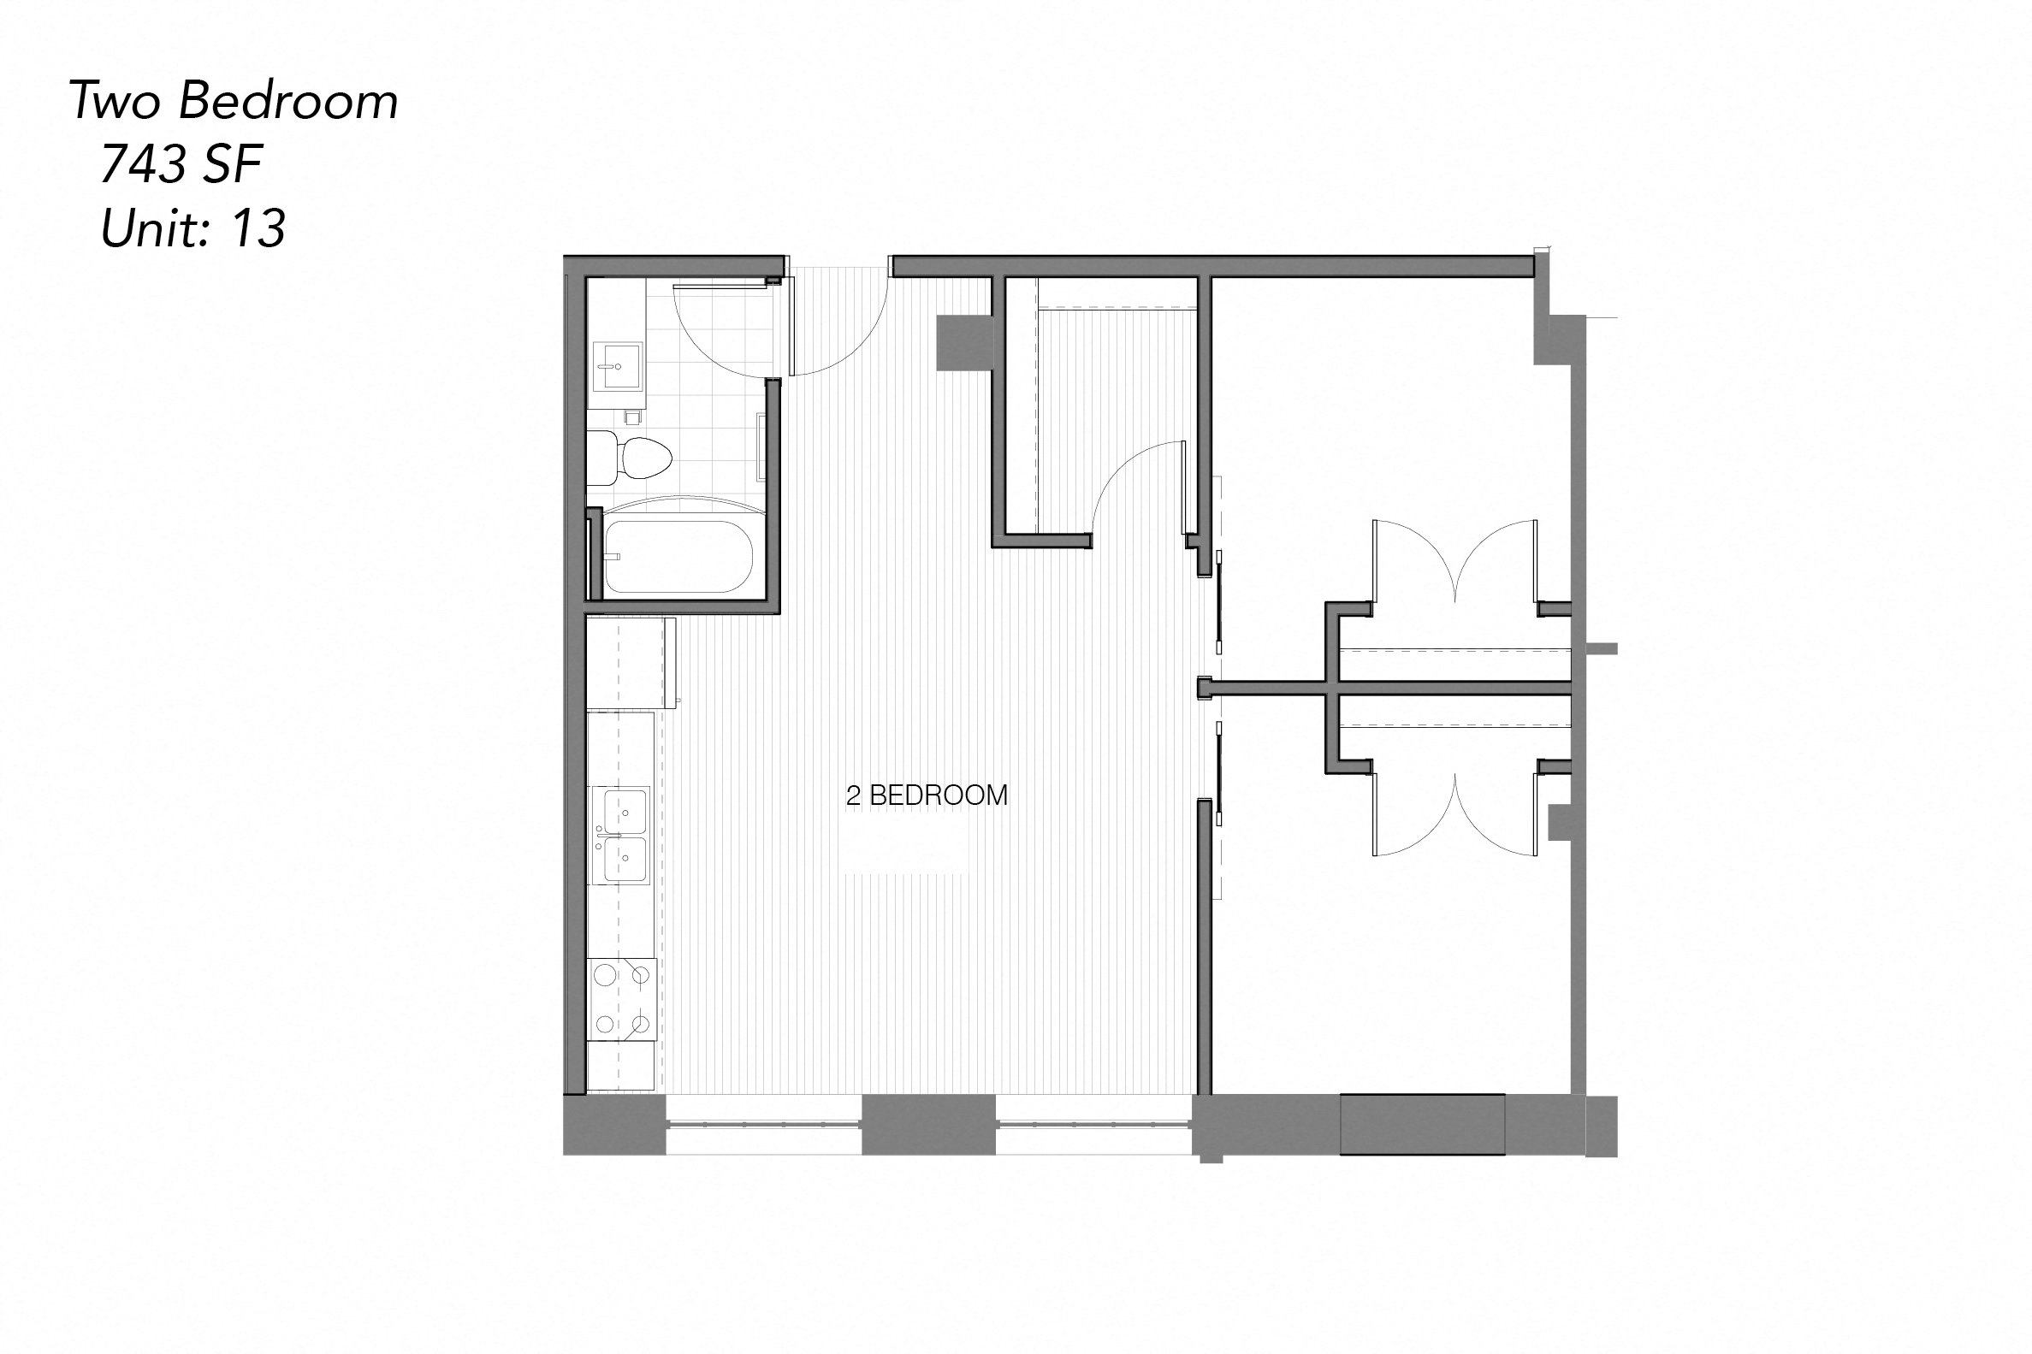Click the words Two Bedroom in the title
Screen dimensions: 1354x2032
pyautogui.click(x=234, y=101)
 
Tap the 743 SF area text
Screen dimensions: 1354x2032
pyautogui.click(x=181, y=164)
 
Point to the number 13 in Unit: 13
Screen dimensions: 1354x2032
pyautogui.click(x=258, y=229)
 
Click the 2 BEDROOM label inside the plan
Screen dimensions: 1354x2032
pyautogui.click(x=927, y=795)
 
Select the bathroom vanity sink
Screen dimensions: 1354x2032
pyautogui.click(x=618, y=366)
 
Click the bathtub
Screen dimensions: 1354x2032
pyautogui.click(x=678, y=556)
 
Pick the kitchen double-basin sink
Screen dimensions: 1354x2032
pyautogui.click(x=625, y=834)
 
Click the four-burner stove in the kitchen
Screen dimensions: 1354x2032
pyautogui.click(x=623, y=999)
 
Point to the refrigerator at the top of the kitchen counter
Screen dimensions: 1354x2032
pyautogui.click(x=631, y=661)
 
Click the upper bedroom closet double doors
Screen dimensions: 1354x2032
pyautogui.click(x=1455, y=561)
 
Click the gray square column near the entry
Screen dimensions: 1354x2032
pyautogui.click(x=963, y=343)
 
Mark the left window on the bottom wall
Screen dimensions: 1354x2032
pyautogui.click(x=764, y=1124)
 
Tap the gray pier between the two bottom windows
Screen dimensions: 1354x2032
pyautogui.click(x=928, y=1124)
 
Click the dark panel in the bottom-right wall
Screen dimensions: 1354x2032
pyautogui.click(x=1422, y=1124)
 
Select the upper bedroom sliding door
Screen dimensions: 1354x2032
pyautogui.click(x=1218, y=605)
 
